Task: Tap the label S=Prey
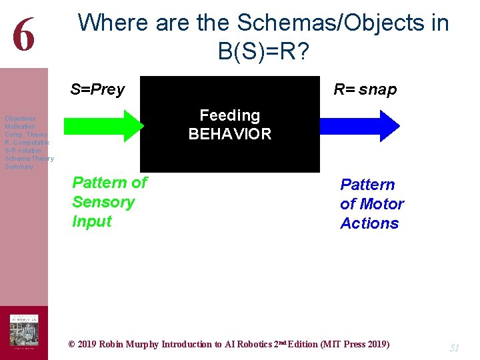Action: [x=98, y=89]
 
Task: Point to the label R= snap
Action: [x=365, y=89]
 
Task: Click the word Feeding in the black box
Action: [x=229, y=115]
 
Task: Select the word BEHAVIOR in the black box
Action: [x=229, y=134]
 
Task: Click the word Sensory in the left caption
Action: [x=103, y=202]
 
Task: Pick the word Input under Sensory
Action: [x=92, y=221]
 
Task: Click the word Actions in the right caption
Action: [x=369, y=223]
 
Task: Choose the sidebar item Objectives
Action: [x=20, y=119]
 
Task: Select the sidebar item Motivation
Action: [x=20, y=127]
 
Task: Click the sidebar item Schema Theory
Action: [x=29, y=159]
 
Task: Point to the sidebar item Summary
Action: [x=19, y=167]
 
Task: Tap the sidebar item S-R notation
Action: [x=23, y=151]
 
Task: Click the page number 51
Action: [x=455, y=347]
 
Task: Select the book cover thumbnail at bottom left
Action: [x=23, y=331]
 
